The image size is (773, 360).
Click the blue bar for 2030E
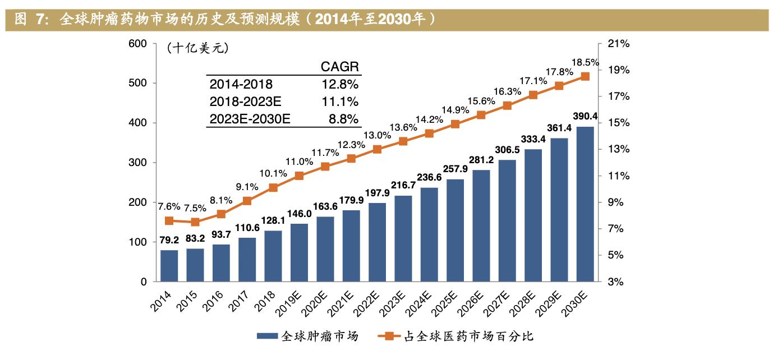tap(585, 204)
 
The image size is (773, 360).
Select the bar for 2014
tap(169, 266)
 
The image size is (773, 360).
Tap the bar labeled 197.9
tap(377, 242)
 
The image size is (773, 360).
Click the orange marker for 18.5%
tap(585, 76)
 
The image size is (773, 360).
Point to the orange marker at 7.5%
tap(195, 222)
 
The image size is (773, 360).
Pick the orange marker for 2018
tap(273, 188)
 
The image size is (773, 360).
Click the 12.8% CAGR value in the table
tap(340, 84)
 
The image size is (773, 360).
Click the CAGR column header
tap(340, 67)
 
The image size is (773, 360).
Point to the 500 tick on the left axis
tap(139, 83)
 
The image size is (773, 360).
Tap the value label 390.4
tap(585, 116)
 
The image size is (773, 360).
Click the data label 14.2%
tap(429, 119)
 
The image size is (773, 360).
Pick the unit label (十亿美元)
tap(197, 49)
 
